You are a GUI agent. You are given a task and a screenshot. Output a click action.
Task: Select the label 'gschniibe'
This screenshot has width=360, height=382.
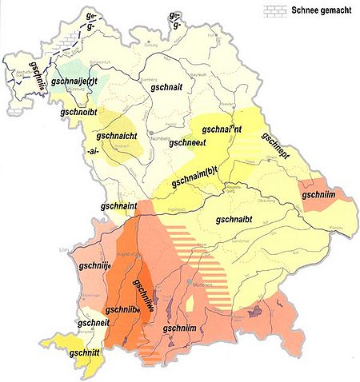point(125,310)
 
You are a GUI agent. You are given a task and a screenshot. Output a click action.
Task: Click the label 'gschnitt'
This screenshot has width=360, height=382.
point(89,351)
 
